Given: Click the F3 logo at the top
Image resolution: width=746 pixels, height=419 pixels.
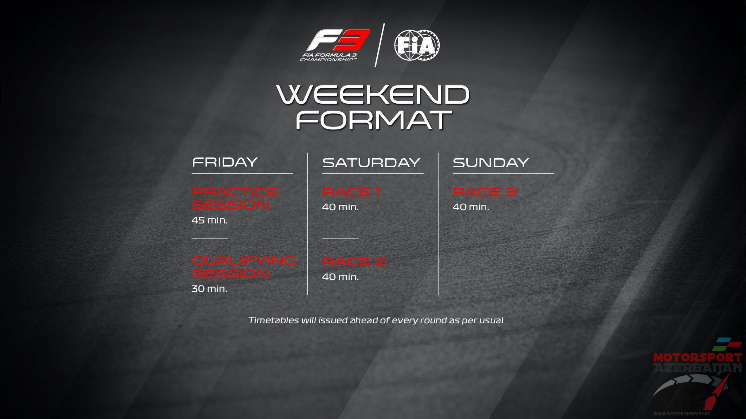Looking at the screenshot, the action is coord(335,45).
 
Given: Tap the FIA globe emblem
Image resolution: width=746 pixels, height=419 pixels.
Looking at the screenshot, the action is coord(417,45).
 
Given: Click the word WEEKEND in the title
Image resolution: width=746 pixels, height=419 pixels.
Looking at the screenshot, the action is coord(373,95).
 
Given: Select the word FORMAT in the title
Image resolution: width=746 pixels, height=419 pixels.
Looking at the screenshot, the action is coord(373,120).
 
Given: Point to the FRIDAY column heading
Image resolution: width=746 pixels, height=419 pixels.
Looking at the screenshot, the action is coord(225,162).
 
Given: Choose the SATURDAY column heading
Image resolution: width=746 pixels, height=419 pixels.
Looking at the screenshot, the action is coord(371,163).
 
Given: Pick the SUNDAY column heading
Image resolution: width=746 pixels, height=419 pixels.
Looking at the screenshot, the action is coord(491,163).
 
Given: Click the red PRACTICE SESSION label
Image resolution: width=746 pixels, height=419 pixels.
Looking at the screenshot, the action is coord(235,199).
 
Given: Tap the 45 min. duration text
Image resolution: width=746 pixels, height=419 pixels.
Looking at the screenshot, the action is coord(209,220).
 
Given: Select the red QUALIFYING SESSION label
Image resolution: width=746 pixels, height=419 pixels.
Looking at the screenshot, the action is coord(244,267).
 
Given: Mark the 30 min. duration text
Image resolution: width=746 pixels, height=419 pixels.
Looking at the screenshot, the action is coord(209,289).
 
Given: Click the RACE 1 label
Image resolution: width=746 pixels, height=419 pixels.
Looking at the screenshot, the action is coord(351,192).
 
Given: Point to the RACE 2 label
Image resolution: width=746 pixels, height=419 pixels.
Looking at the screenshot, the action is coord(354,262).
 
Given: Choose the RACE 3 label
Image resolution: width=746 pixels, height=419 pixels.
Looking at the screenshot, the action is coord(484,192).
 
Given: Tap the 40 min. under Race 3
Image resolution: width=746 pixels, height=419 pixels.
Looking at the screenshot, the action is coord(471,207).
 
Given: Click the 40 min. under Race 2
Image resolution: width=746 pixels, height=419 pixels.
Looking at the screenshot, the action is coord(341,277).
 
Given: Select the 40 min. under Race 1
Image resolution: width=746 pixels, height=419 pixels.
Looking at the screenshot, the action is coord(341,207).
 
